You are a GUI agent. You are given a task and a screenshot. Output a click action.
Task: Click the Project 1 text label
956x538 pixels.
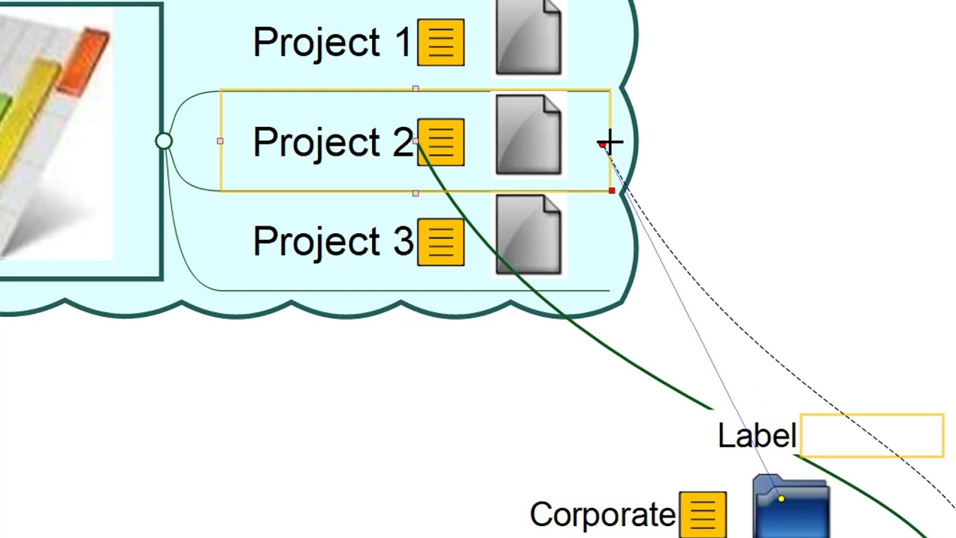332,43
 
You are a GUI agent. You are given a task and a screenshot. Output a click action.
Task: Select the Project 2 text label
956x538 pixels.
332,142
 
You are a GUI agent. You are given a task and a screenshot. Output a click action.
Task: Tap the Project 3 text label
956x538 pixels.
332,241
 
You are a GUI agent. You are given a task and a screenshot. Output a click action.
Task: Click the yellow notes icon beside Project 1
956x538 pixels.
441,43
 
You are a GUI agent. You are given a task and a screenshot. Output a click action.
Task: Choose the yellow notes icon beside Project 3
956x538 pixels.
441,241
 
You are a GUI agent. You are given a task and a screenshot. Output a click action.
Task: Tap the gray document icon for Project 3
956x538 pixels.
528,235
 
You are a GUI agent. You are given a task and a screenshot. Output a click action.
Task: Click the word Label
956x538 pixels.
756,436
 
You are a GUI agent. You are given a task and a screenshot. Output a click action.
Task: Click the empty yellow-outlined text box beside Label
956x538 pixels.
872,436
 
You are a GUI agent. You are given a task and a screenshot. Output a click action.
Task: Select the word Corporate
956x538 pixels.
602,515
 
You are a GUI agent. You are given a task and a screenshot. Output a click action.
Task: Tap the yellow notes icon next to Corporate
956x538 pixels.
702,514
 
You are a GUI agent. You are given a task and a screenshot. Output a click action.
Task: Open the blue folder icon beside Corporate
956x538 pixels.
791,508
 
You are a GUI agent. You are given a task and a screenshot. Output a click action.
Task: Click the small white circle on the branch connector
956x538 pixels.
164,141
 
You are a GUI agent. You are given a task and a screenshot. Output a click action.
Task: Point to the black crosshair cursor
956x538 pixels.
610,142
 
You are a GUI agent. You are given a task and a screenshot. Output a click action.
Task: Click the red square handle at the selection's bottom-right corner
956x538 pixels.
612,191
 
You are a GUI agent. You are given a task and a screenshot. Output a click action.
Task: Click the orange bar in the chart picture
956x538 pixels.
87,60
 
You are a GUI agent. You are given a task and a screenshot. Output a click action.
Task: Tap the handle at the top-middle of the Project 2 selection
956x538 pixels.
415,90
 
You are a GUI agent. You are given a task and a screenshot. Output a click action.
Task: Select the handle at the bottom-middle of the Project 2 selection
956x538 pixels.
415,193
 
